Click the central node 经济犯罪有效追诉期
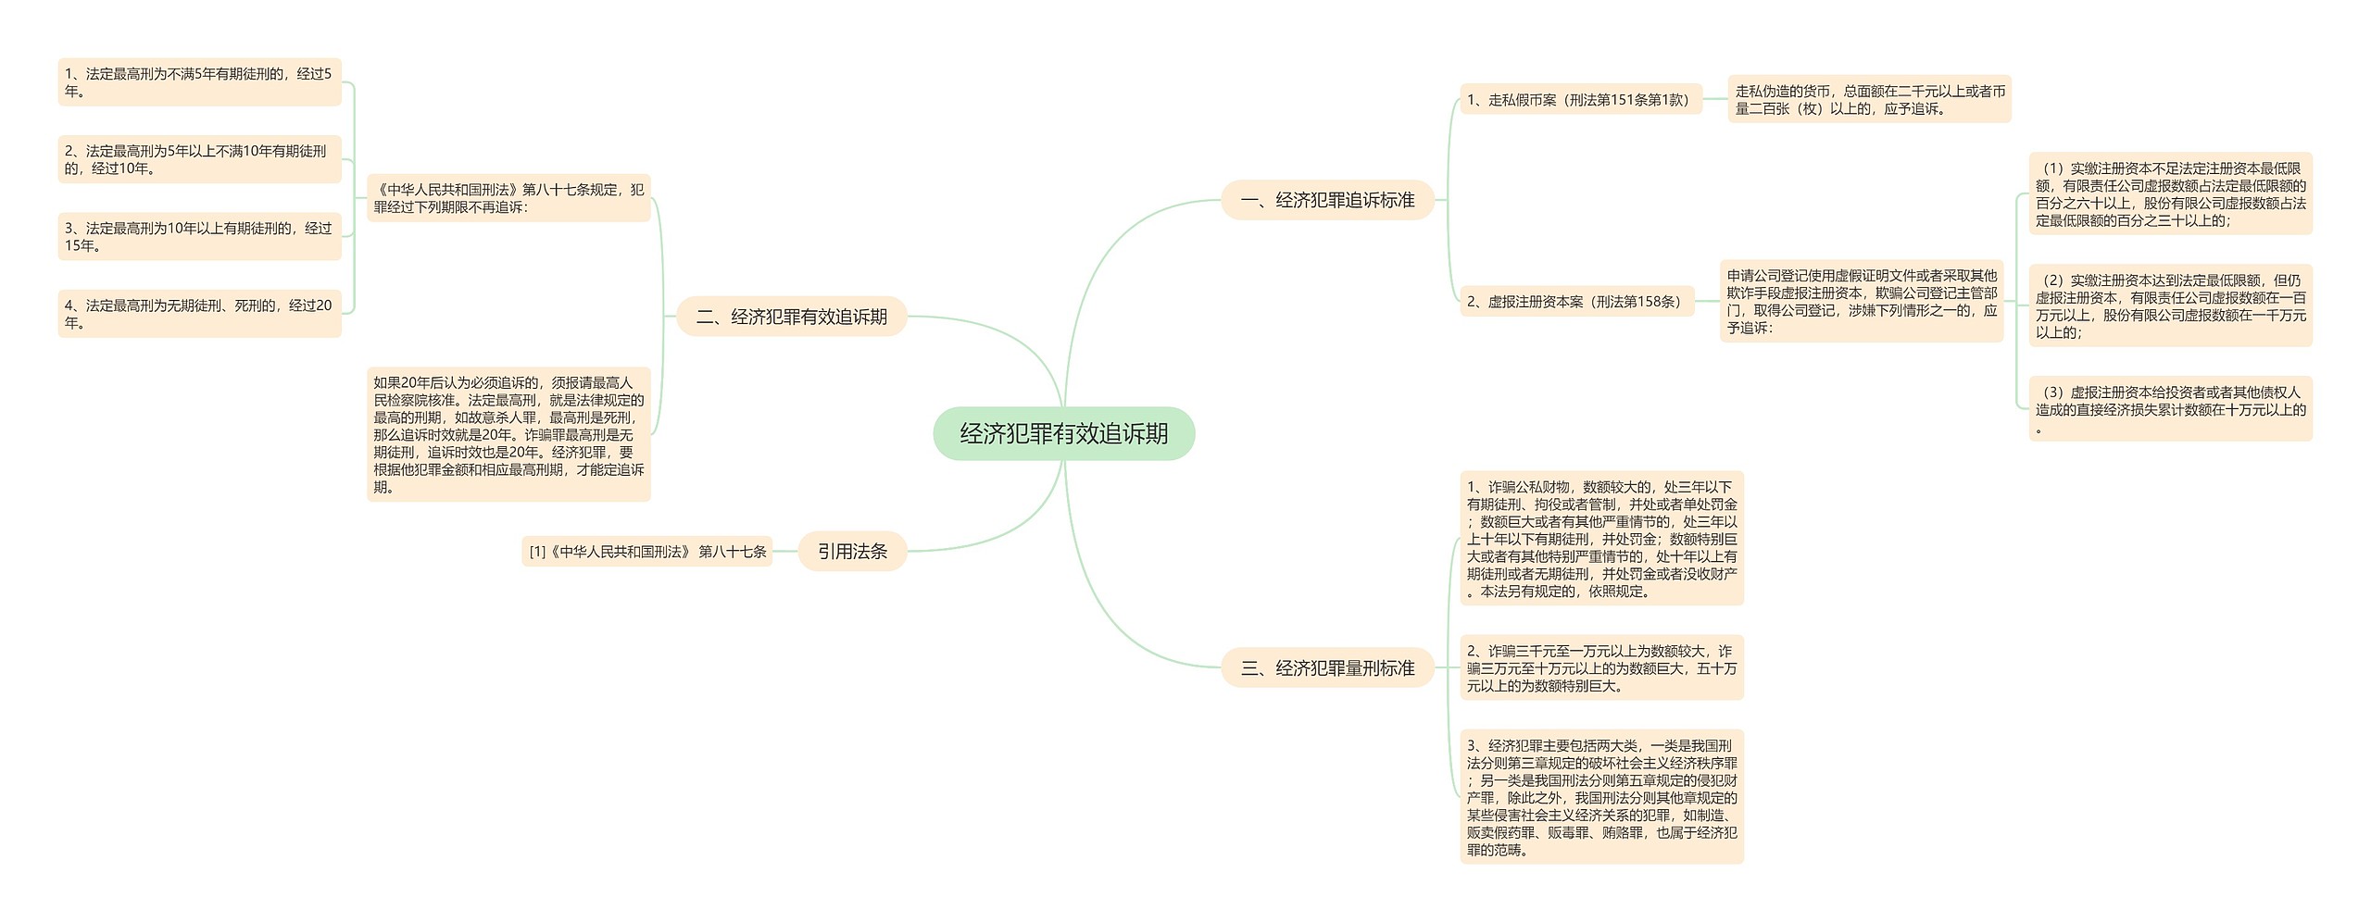pyautogui.click(x=1063, y=433)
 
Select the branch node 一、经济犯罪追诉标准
pyautogui.click(x=1326, y=200)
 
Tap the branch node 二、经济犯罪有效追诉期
pyautogui.click(x=791, y=317)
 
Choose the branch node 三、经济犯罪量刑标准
pyautogui.click(x=1326, y=667)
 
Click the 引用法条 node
pyautogui.click(x=852, y=551)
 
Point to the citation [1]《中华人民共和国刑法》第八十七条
pyautogui.click(x=647, y=552)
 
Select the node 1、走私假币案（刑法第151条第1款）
pyautogui.click(x=1580, y=99)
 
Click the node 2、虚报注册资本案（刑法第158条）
pyautogui.click(x=1576, y=301)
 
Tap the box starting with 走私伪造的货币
pyautogui.click(x=1869, y=99)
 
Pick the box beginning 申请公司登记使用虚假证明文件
pyautogui.click(x=1861, y=301)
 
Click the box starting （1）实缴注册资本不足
pyautogui.click(x=2170, y=193)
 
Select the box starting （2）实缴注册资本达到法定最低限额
pyautogui.click(x=2170, y=305)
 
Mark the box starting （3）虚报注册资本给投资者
pyautogui.click(x=2170, y=408)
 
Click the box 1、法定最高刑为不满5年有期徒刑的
pyautogui.click(x=199, y=81)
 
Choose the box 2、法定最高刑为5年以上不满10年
pyautogui.click(x=199, y=159)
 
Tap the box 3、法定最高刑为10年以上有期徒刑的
pyautogui.click(x=199, y=236)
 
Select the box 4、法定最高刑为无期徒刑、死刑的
pyautogui.click(x=199, y=314)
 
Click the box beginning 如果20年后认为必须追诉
pyautogui.click(x=508, y=434)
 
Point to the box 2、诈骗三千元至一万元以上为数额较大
pyautogui.click(x=1601, y=667)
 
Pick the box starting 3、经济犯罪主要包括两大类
pyautogui.click(x=1601, y=797)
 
